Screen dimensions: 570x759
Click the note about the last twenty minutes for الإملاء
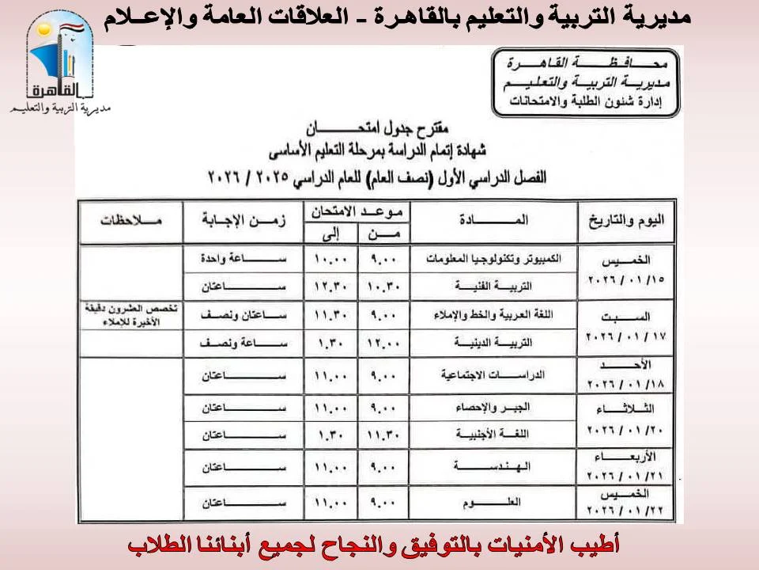[x=130, y=314]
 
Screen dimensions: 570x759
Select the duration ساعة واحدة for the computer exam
[x=243, y=259]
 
